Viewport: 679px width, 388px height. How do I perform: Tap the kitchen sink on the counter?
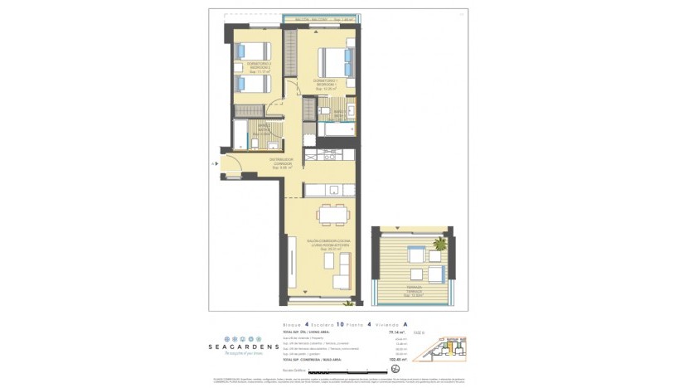click(x=334, y=190)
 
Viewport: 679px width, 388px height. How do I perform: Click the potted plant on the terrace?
click(x=439, y=244)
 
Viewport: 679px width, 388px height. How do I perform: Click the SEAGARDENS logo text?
click(x=244, y=346)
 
